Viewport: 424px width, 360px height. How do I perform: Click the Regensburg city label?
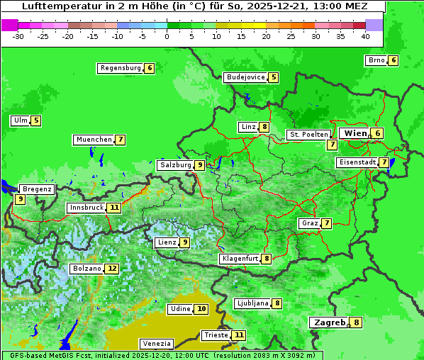(120, 68)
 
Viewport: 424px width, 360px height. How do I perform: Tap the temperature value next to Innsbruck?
(114, 208)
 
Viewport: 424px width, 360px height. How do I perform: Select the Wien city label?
(355, 133)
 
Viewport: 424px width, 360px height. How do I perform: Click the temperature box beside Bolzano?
(112, 269)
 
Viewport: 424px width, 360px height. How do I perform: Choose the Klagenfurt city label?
(240, 259)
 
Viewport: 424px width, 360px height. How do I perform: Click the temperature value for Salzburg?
(200, 165)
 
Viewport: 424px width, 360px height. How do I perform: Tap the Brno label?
(376, 60)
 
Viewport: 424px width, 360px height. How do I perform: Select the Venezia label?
(156, 343)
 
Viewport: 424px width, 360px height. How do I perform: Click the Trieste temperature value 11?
(239, 334)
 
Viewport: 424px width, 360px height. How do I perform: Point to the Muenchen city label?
(94, 140)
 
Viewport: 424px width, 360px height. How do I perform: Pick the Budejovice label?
(245, 77)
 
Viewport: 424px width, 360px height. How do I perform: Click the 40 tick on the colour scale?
(365, 36)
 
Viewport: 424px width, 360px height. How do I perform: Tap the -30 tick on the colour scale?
(18, 36)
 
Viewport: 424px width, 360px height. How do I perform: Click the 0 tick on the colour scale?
(167, 36)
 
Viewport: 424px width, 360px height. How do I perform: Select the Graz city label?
(309, 223)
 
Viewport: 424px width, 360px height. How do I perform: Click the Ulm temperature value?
(36, 120)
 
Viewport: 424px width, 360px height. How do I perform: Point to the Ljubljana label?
(252, 303)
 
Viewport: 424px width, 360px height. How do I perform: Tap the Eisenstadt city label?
(356, 162)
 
